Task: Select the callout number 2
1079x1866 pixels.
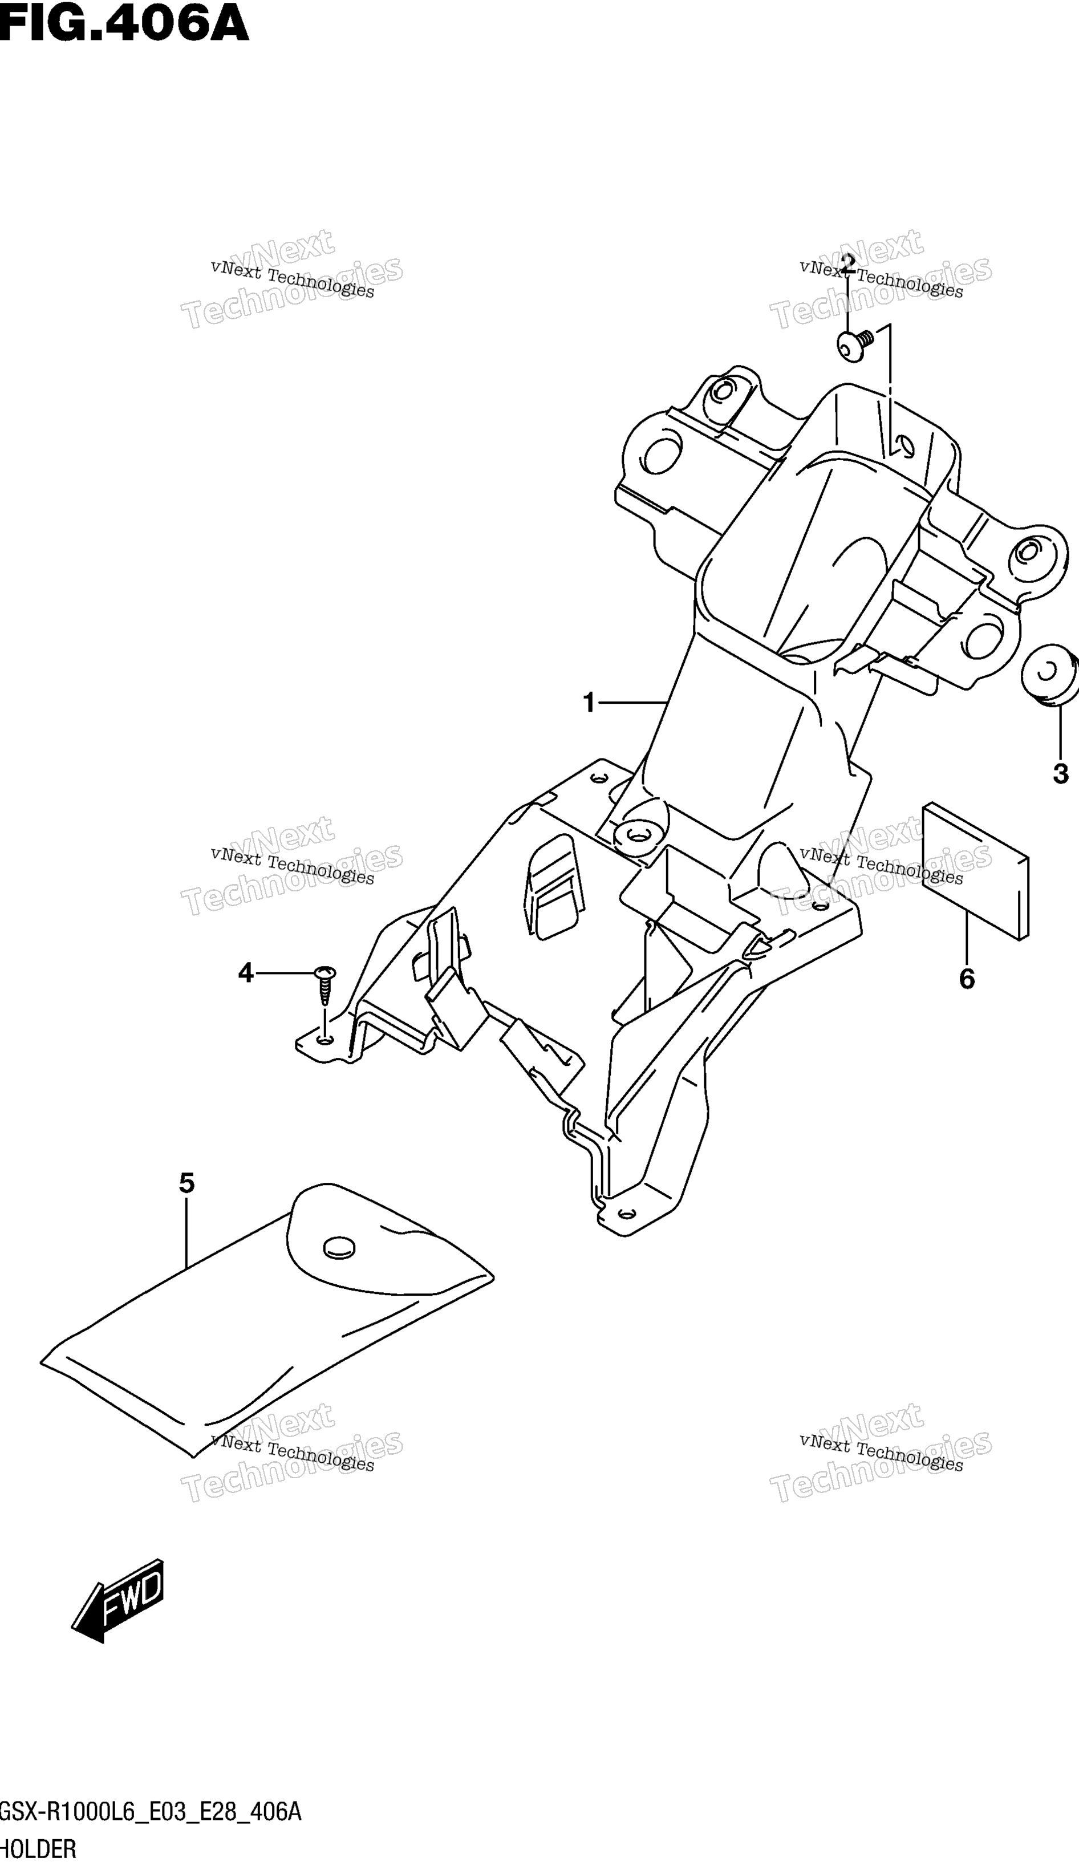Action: pyautogui.click(x=848, y=263)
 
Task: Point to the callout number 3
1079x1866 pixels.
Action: pyautogui.click(x=1061, y=774)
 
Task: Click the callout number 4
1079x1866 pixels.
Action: pyautogui.click(x=246, y=972)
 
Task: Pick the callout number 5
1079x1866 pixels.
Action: pyautogui.click(x=186, y=1183)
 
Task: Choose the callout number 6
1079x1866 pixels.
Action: pyautogui.click(x=967, y=979)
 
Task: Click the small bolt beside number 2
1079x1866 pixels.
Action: pyautogui.click(x=856, y=346)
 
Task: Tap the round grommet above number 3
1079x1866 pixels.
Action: pyautogui.click(x=1049, y=675)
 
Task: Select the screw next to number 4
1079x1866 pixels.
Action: pyautogui.click(x=325, y=984)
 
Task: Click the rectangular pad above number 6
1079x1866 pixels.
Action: pyautogui.click(x=975, y=871)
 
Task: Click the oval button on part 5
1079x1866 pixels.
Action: pyautogui.click(x=339, y=1248)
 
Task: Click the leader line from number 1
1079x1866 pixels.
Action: pyautogui.click(x=633, y=702)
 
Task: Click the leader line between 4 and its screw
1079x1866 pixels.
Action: pyautogui.click(x=286, y=972)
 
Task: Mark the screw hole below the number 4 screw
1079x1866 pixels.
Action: pyautogui.click(x=323, y=1040)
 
